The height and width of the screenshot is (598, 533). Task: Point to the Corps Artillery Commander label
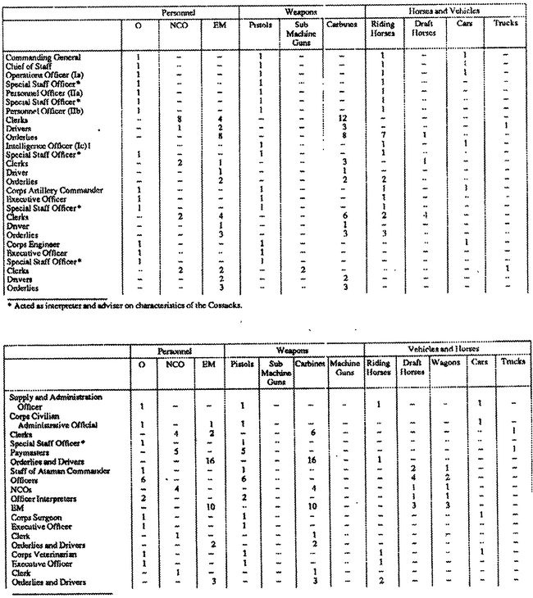(x=43, y=190)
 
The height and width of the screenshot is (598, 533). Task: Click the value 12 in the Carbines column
(x=344, y=120)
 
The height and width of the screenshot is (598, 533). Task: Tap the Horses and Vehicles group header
(x=444, y=11)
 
